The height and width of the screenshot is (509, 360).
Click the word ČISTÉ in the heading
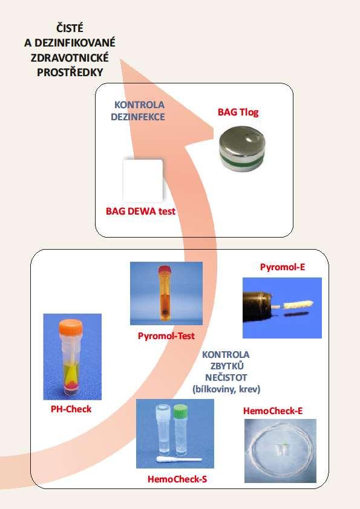pos(70,28)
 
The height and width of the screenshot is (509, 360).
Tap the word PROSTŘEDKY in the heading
pos(70,73)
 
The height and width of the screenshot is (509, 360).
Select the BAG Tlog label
pos(238,112)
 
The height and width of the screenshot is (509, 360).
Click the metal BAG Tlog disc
pos(242,148)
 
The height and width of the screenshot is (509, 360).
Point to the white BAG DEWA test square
pos(143,180)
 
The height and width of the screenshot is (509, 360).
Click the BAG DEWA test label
pos(141,212)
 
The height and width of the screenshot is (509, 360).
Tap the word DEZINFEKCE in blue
pos(138,117)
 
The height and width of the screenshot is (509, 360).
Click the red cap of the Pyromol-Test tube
pos(165,270)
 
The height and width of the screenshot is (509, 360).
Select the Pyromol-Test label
pos(166,336)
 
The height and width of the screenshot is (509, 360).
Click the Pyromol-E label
pos(283,267)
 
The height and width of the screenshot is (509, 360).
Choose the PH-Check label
pos(71,409)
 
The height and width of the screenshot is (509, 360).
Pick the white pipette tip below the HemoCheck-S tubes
pos(179,459)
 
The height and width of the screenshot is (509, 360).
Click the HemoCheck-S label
pos(177,479)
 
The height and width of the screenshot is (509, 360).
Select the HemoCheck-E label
pos(273,411)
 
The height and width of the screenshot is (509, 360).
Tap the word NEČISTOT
pos(226,378)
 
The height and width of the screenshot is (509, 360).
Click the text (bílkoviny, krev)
pos(226,389)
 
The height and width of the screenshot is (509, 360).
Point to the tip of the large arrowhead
pos(120,59)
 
